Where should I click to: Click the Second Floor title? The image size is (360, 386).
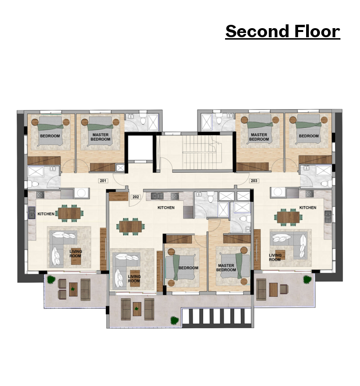[283, 31]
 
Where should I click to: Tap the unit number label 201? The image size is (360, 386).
[103, 181]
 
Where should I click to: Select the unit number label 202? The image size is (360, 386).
[135, 197]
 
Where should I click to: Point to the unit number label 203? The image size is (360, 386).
[254, 181]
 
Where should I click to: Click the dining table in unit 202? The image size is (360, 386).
[131, 227]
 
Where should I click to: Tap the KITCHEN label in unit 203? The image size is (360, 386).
[308, 208]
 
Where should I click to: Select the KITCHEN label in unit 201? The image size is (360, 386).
[46, 214]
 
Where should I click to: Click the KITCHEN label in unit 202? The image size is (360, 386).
[166, 208]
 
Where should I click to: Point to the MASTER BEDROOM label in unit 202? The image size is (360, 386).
[226, 268]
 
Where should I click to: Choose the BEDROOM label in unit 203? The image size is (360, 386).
[309, 136]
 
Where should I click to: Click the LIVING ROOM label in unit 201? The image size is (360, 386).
[75, 253]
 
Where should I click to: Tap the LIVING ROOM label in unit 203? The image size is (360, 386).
[275, 258]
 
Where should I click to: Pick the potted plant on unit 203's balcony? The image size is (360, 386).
[308, 280]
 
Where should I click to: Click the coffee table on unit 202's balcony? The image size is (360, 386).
[137, 309]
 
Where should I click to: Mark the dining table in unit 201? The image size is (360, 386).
[70, 213]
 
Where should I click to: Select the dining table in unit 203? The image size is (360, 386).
[288, 217]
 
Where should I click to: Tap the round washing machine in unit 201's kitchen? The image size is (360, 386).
[82, 193]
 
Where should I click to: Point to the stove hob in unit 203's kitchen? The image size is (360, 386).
[309, 194]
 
